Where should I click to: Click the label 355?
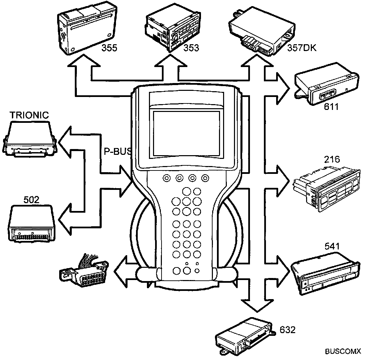click(110, 48)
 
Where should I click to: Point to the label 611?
click(331, 107)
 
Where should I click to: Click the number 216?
click(332, 159)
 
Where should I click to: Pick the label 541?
click(332, 246)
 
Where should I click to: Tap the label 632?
click(288, 329)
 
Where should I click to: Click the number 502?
click(31, 199)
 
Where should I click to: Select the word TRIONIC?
click(29, 115)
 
